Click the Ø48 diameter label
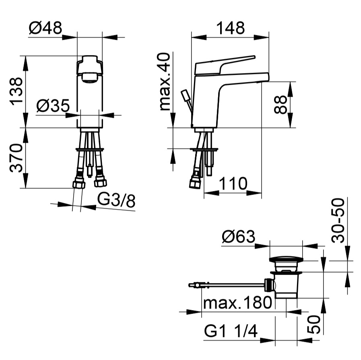pos(45,28)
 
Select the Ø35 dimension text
pos(53,105)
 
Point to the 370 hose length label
pos(16,158)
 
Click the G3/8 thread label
pos(116,201)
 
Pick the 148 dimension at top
pos(231,28)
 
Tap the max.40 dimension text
pos(165,82)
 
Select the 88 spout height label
pos(281,105)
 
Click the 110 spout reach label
pos(233,183)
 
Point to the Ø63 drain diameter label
pos(239,236)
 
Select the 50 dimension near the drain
pos(314,324)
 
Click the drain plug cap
pos(286,259)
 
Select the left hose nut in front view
pos(79,184)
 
